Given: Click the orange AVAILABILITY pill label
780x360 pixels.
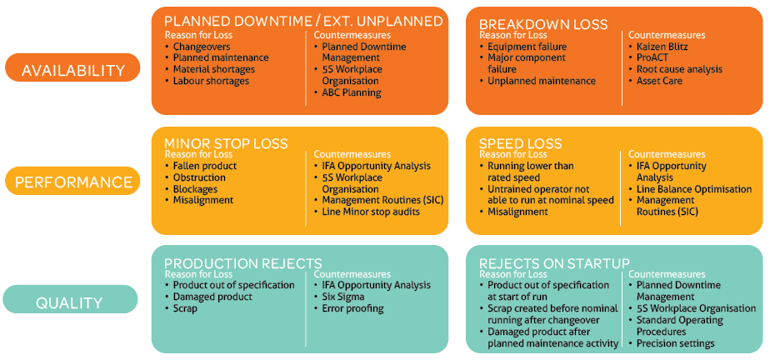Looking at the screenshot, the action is coord(72,67).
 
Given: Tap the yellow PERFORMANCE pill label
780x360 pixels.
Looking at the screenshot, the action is coord(72,181).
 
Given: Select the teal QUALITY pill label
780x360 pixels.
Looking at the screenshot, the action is coord(70,299).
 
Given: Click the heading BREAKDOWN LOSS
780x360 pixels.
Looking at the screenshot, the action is coord(543,24).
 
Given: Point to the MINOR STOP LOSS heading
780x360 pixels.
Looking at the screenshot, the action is coord(226,143).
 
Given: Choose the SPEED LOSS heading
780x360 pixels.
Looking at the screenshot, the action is coord(520,143).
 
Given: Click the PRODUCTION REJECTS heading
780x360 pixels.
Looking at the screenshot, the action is coord(243,263).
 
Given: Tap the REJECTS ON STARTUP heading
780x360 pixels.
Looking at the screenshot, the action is coord(555,263).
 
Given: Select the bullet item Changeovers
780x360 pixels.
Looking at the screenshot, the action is coord(197,47).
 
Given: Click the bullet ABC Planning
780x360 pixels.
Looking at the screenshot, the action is coord(347,92).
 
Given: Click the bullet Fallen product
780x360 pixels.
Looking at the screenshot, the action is coord(201,166).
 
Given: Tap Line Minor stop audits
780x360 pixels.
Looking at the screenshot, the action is coord(367,212).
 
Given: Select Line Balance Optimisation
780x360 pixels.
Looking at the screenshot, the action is coord(691,189).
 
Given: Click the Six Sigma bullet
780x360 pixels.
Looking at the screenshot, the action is coord(339,297).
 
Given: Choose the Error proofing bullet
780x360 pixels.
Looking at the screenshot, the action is coord(348,308).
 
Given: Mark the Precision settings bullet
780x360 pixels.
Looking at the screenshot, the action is coord(672,343).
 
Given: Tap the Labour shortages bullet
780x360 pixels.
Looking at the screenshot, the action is coord(207,81).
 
